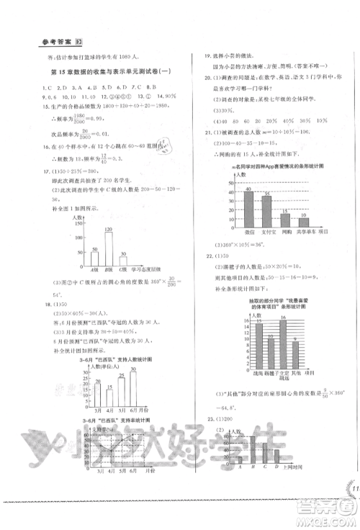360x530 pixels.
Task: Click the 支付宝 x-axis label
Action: [266, 233]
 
